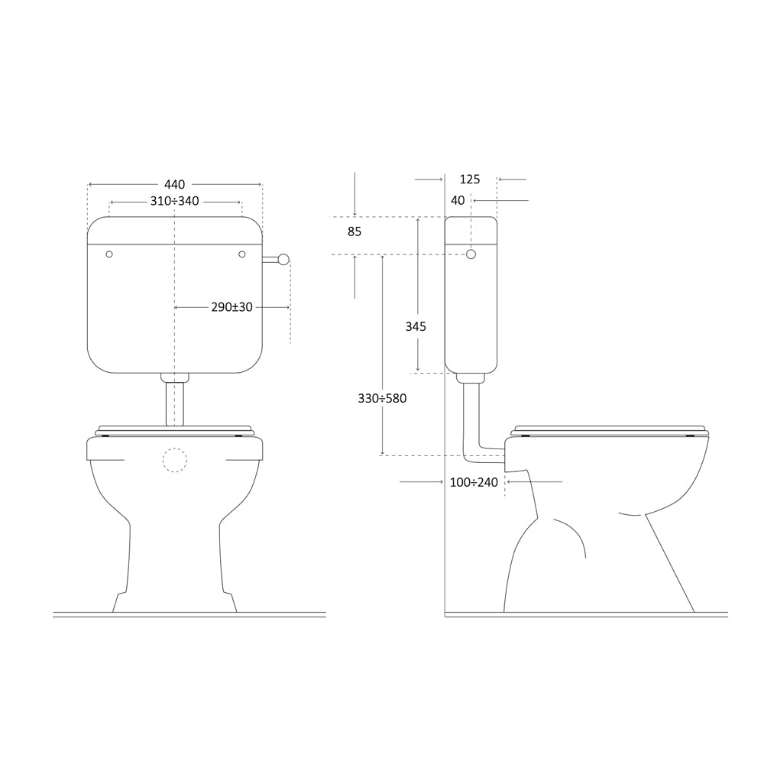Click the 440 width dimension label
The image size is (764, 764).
pyautogui.click(x=174, y=185)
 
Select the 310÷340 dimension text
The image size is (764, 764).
pyautogui.click(x=174, y=201)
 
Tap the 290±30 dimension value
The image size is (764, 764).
pyautogui.click(x=232, y=307)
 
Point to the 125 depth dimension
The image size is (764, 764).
pyautogui.click(x=470, y=180)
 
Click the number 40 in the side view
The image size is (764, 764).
pyautogui.click(x=458, y=200)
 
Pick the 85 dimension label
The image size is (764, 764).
pyautogui.click(x=354, y=232)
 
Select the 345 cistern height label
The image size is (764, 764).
pyautogui.click(x=416, y=326)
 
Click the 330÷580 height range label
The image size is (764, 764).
pyautogui.click(x=382, y=399)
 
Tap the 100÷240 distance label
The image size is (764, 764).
pyautogui.click(x=474, y=482)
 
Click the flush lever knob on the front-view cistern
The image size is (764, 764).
pyautogui.click(x=283, y=260)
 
